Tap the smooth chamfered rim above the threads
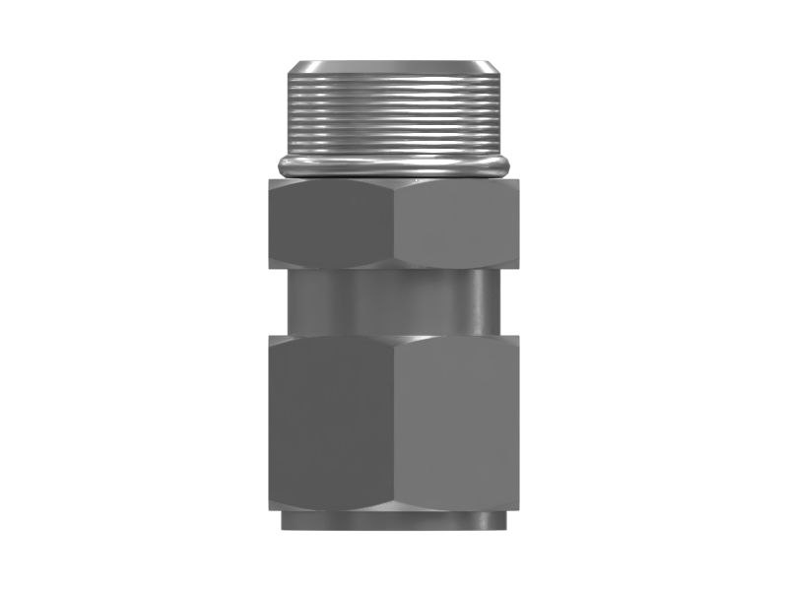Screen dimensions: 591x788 click(395, 70)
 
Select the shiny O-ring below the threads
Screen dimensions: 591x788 click(395, 165)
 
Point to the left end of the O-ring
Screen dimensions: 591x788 click(283, 165)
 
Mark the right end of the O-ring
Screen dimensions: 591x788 click(508, 165)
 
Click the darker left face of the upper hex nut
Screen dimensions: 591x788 click(330, 224)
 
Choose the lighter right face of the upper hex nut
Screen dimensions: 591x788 click(455, 224)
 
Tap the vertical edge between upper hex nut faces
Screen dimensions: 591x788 click(394, 224)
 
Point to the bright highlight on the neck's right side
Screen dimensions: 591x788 click(480, 302)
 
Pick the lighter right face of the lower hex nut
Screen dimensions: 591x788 click(456, 424)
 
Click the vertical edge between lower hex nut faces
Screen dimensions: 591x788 click(394, 424)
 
